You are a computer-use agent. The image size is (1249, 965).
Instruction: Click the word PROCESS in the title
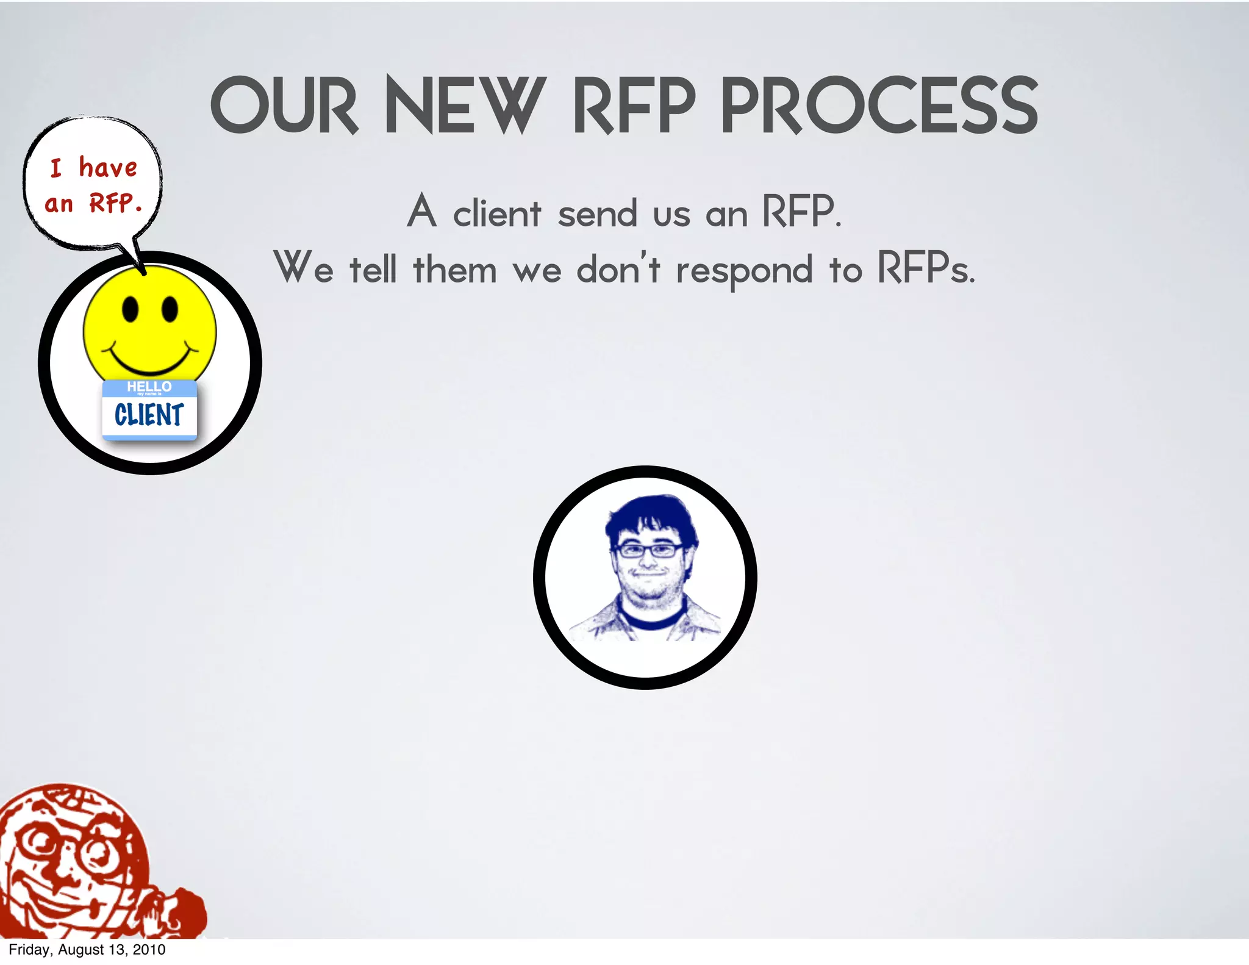click(x=879, y=106)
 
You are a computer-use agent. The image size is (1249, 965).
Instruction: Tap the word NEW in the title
click(x=465, y=106)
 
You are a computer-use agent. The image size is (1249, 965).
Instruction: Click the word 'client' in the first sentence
click(x=496, y=214)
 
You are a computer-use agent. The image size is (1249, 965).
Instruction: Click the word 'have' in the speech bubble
click(x=108, y=167)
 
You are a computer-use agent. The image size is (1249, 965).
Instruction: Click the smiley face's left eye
click(x=131, y=309)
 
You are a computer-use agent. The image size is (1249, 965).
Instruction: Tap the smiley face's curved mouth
click(x=150, y=361)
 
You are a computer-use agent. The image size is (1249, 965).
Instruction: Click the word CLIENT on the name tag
click(x=149, y=415)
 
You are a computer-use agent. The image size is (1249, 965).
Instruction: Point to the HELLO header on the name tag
click(x=149, y=387)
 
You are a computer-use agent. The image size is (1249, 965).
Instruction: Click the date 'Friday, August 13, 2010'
click(x=87, y=950)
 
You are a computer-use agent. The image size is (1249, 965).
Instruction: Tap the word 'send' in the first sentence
click(x=597, y=214)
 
